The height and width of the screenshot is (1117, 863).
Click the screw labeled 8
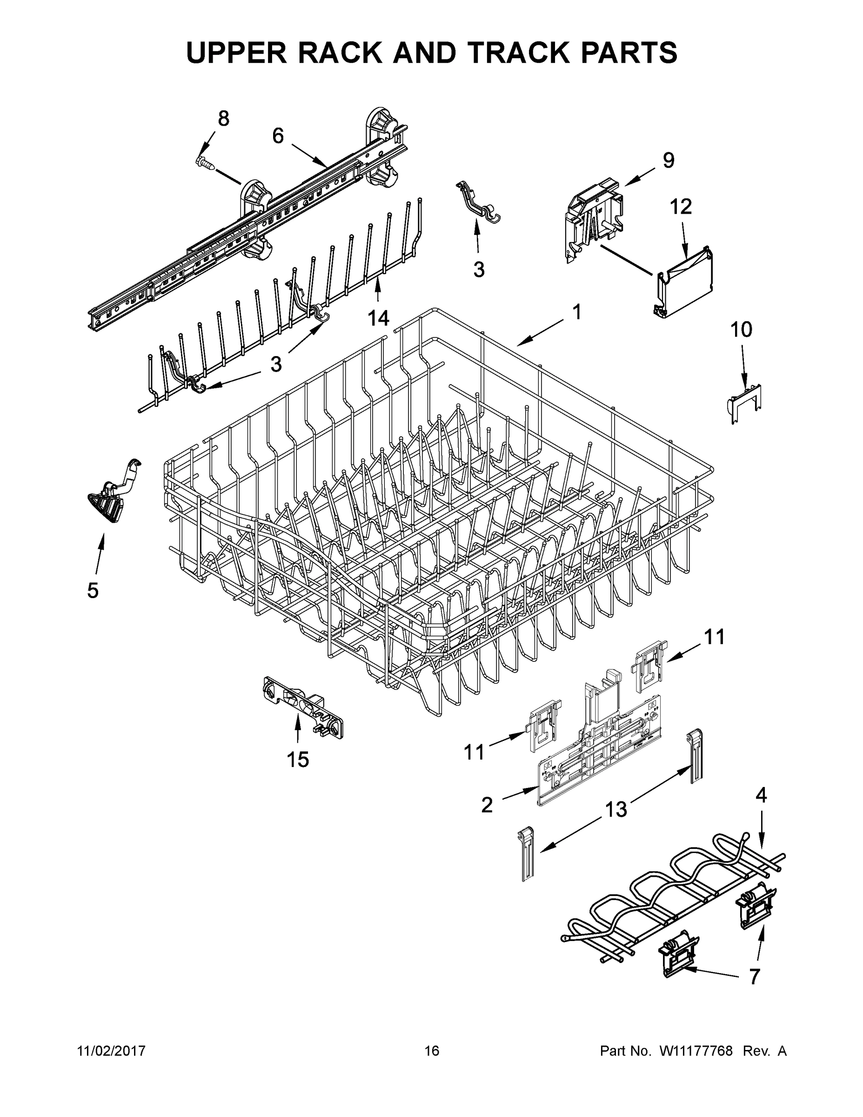tap(205, 162)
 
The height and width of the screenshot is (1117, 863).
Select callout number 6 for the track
tap(278, 135)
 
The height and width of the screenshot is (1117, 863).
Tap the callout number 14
tap(378, 317)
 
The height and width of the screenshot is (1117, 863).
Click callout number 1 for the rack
tap(577, 311)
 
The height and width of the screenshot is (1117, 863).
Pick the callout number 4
tap(761, 795)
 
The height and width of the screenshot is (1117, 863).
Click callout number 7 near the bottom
tap(754, 976)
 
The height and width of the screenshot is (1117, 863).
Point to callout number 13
tap(616, 810)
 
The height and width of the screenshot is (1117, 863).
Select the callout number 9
tap(668, 160)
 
